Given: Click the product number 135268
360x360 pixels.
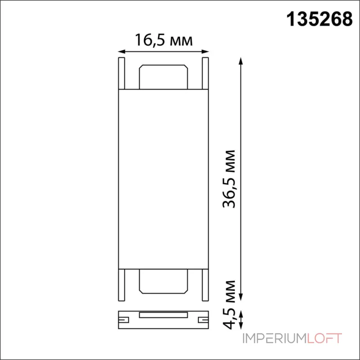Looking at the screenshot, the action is [x=319, y=19].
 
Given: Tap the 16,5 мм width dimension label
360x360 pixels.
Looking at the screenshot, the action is [x=163, y=40].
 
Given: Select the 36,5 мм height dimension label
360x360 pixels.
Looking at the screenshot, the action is [x=229, y=179].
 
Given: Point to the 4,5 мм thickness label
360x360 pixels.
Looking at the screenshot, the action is [x=229, y=305].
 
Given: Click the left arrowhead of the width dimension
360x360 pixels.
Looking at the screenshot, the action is [x=121, y=52].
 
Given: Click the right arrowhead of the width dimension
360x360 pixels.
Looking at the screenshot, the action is [x=206, y=52].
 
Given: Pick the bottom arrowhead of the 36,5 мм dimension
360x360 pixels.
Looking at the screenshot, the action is [x=241, y=297].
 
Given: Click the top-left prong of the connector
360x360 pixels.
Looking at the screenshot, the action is [x=121, y=73].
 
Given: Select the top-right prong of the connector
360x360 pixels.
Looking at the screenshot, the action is [x=205, y=73].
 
